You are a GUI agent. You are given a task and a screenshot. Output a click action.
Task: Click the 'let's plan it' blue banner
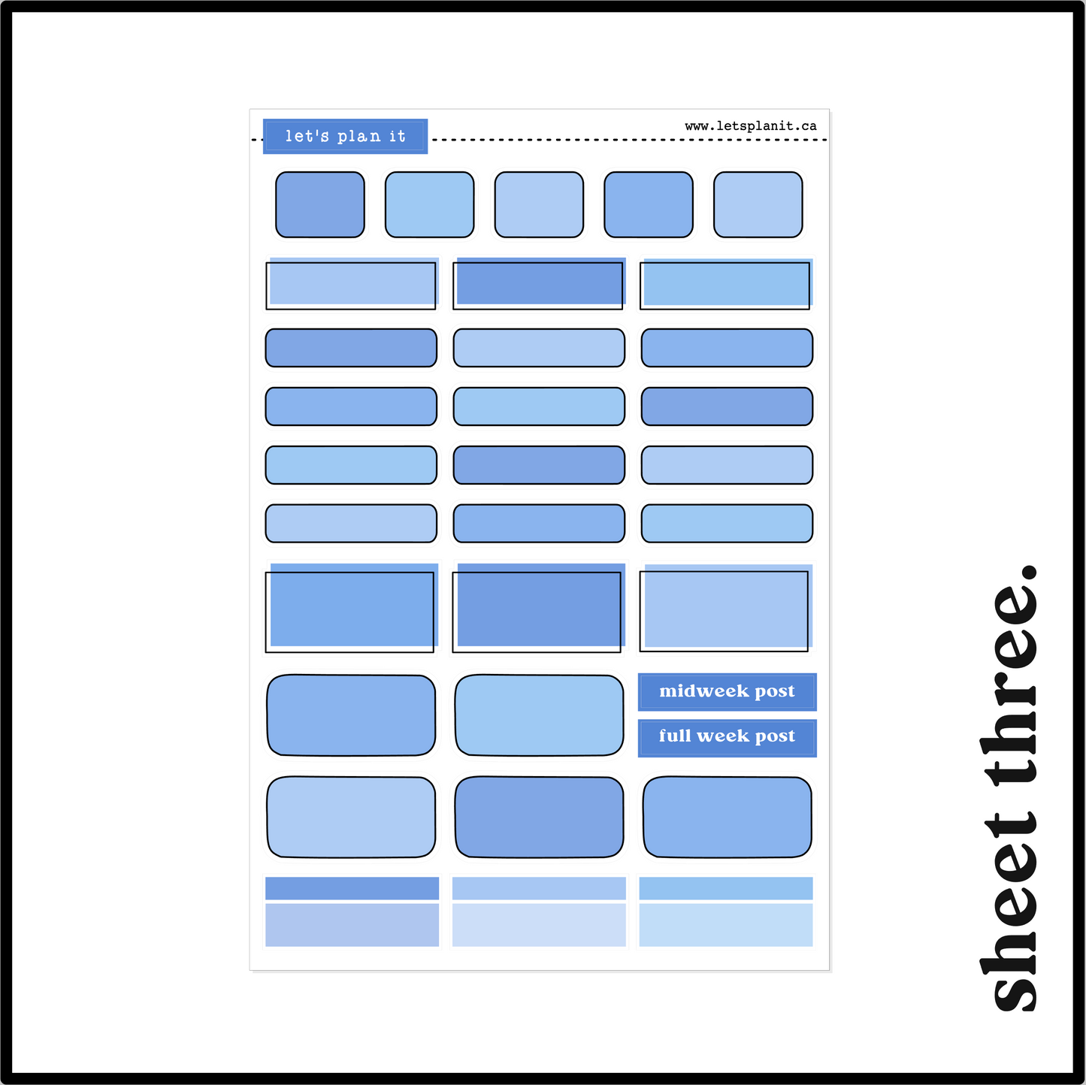point(345,136)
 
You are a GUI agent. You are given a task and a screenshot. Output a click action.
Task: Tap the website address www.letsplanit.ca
point(750,125)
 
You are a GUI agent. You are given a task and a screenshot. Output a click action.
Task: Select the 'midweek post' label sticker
point(727,691)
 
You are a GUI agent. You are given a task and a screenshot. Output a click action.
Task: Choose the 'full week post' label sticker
point(727,738)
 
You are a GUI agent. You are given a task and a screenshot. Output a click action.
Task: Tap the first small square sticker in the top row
point(319,204)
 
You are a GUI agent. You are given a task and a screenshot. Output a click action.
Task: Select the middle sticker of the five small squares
point(539,204)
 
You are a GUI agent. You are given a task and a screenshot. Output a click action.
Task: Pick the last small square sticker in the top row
point(758,204)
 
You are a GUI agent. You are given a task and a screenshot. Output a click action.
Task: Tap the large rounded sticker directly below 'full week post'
point(727,817)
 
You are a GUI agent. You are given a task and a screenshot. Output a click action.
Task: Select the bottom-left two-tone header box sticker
point(352,911)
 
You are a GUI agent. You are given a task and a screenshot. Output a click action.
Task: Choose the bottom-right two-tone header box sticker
point(726,911)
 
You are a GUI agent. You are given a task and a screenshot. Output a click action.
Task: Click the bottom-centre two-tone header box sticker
point(539,911)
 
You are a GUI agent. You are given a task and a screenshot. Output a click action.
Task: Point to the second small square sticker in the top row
point(429,204)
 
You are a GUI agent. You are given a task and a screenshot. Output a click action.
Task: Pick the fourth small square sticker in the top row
point(648,204)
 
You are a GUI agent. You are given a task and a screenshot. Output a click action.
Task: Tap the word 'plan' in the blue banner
point(359,136)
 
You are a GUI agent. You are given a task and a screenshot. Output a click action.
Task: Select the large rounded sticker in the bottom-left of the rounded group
point(351,817)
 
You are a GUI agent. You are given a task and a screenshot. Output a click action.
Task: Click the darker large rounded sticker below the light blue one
point(539,817)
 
